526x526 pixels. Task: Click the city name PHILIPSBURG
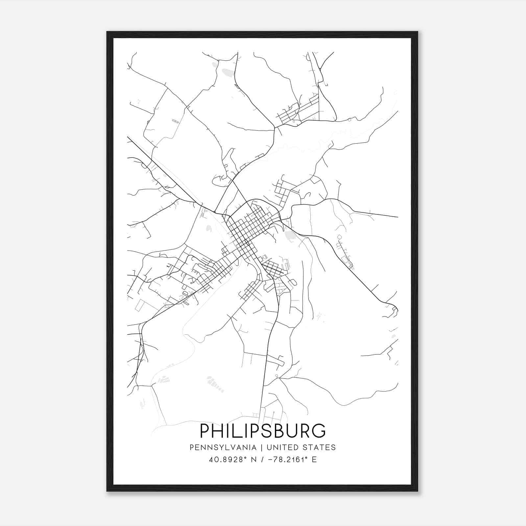[263, 431]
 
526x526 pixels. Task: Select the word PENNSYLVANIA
[223, 447]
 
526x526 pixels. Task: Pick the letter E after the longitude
[314, 460]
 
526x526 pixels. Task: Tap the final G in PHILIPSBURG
[318, 431]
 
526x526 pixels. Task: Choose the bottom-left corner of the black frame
[107, 491]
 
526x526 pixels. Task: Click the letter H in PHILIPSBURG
[219, 431]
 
